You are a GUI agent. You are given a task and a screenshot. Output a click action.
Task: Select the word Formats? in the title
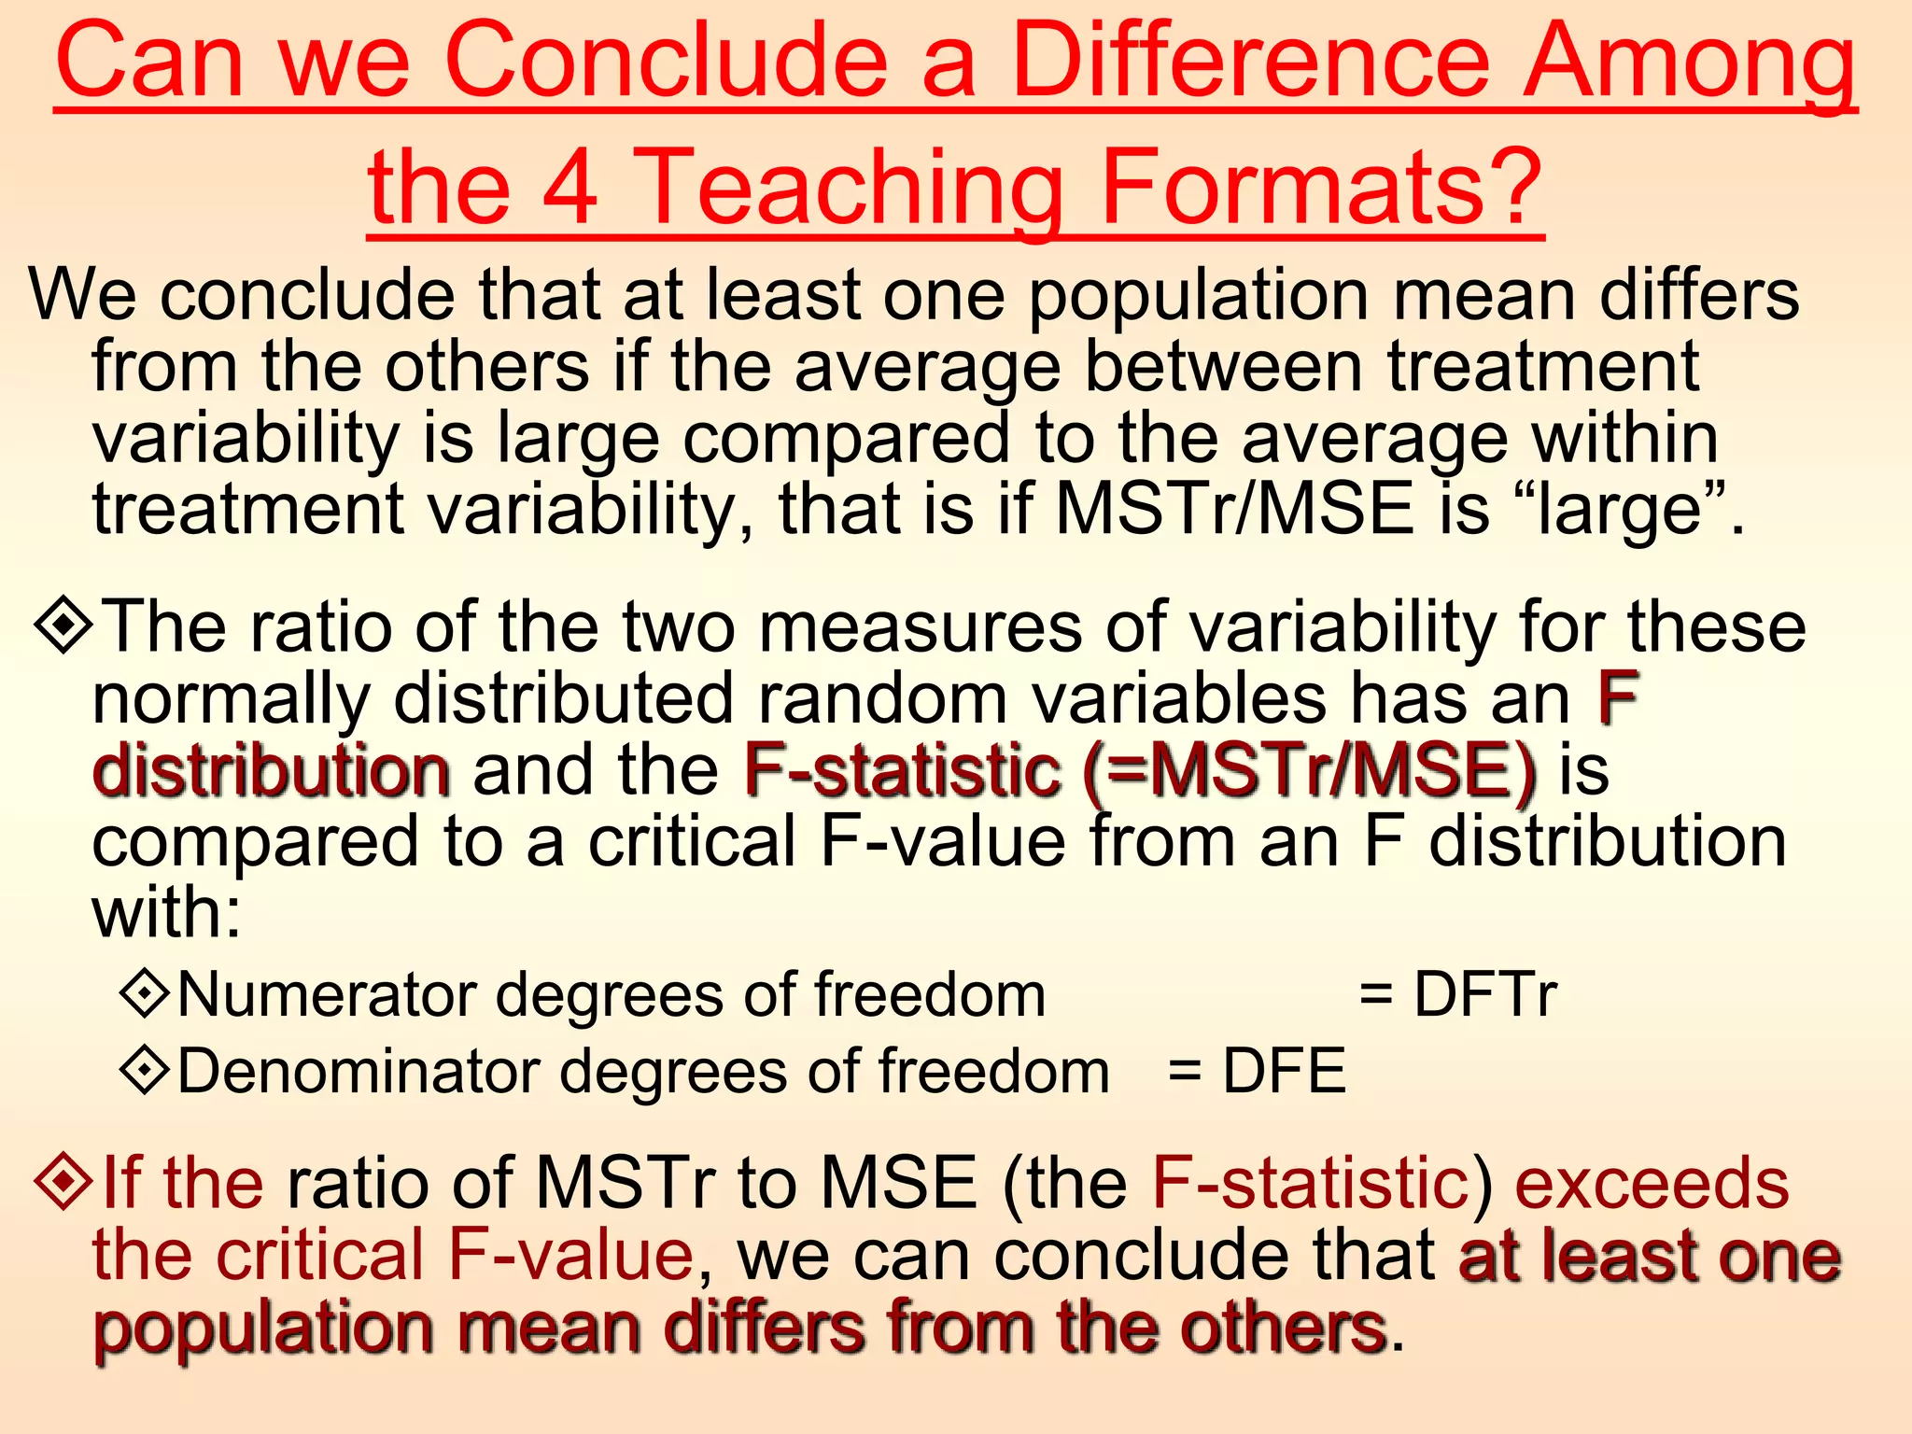pos(1321,186)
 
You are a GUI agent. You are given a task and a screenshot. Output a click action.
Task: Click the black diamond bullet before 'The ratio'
pos(63,626)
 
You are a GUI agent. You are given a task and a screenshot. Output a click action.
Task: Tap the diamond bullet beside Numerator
pos(145,993)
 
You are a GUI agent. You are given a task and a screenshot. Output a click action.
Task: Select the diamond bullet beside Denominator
pos(145,1070)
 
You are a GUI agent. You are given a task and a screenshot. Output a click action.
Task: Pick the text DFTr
pos(1485,993)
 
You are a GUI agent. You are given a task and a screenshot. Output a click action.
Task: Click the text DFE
pos(1285,1070)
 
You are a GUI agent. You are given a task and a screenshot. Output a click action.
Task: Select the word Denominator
pos(358,1070)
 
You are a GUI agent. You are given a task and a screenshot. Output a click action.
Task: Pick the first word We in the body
pos(81,295)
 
